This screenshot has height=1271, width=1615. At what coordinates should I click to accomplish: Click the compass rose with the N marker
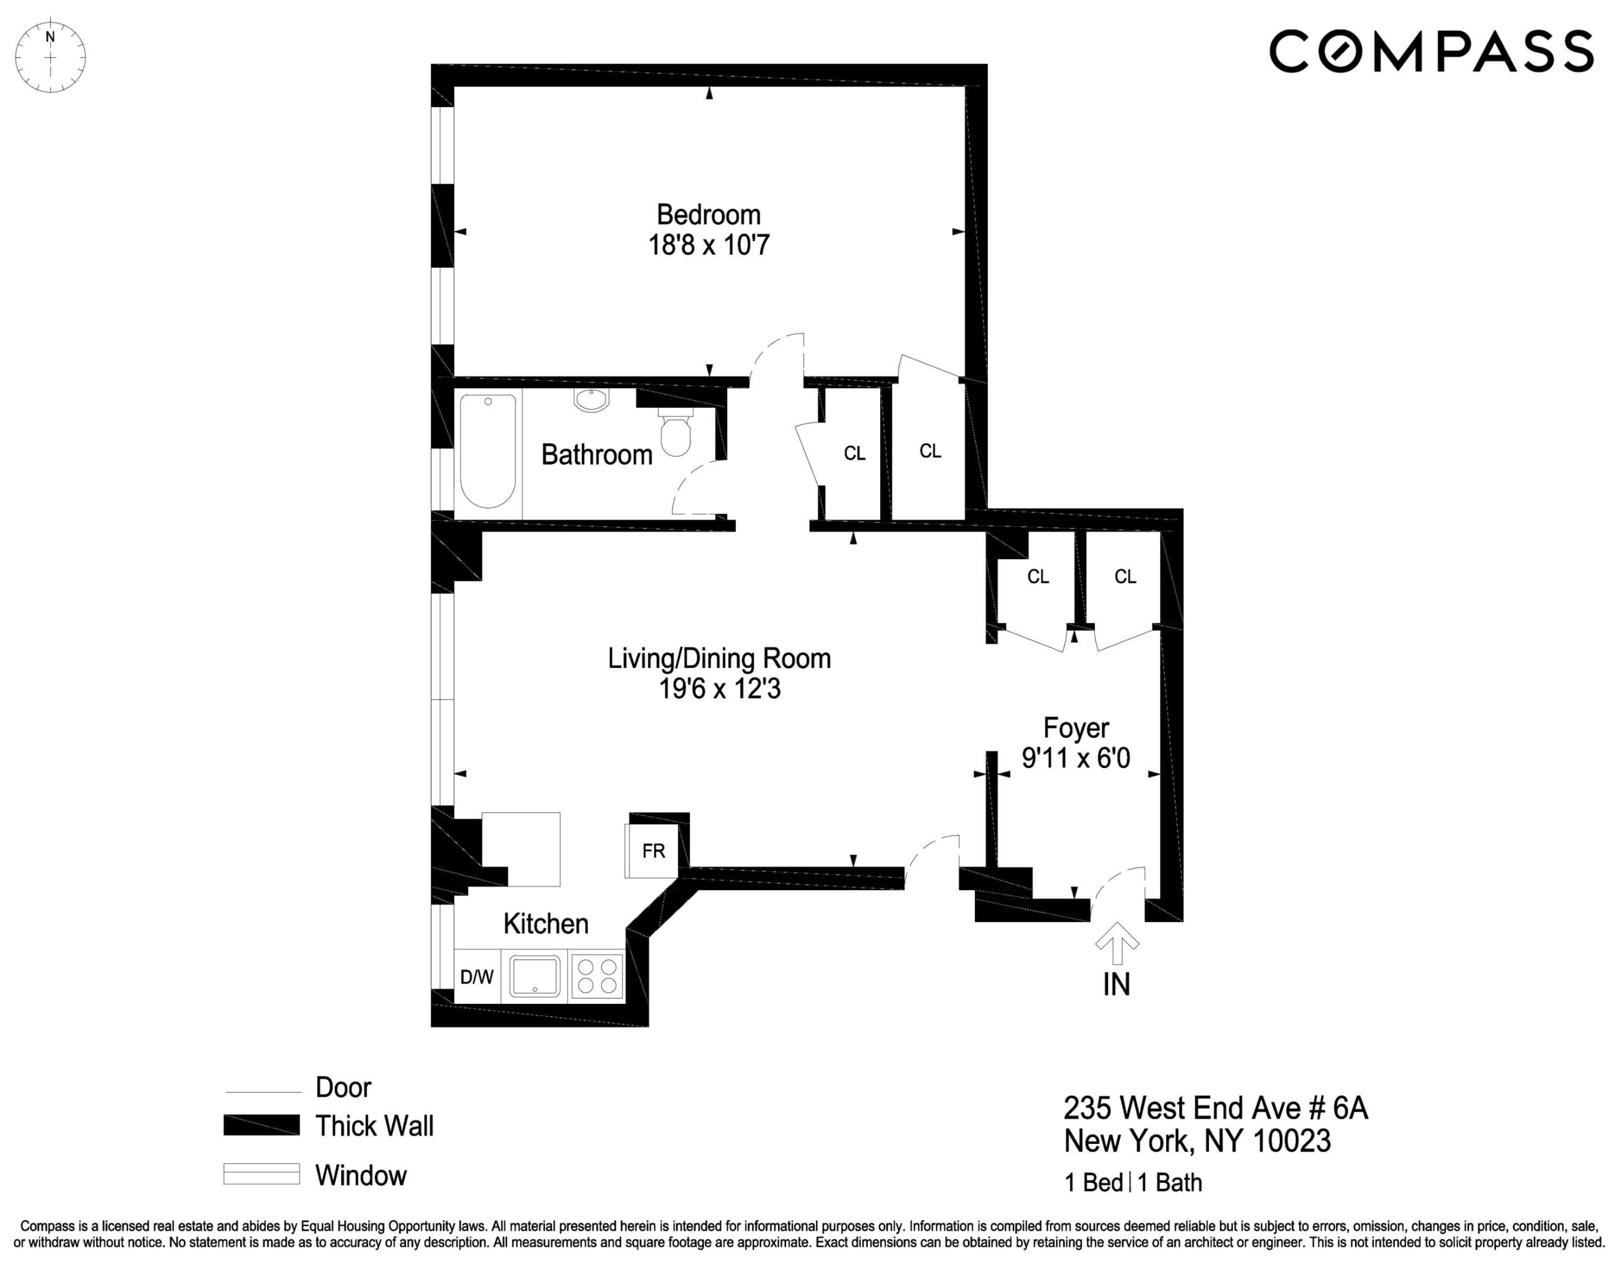coord(51,57)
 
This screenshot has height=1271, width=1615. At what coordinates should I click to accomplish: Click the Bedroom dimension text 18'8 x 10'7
coord(708,245)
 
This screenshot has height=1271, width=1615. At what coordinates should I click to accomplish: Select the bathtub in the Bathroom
coord(488,451)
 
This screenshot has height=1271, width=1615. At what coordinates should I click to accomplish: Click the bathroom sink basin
coord(591,400)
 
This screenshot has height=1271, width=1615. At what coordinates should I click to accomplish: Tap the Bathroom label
coord(597,455)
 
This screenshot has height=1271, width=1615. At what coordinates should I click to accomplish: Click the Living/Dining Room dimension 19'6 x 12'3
coord(720,689)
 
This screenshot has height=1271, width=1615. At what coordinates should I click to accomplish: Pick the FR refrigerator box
coord(652,850)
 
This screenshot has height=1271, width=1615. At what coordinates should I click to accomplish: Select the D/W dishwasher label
coord(477,977)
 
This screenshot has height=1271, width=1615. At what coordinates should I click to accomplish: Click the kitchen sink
coord(535,976)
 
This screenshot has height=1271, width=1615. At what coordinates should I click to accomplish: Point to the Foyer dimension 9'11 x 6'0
coord(1075,758)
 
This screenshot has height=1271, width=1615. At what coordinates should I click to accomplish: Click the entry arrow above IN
coord(1117,943)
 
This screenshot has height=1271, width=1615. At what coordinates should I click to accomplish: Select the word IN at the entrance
coord(1116,984)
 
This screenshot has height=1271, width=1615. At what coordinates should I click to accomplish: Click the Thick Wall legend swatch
coord(261,1125)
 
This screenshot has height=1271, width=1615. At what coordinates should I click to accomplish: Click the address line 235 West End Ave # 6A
coord(1216,1108)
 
